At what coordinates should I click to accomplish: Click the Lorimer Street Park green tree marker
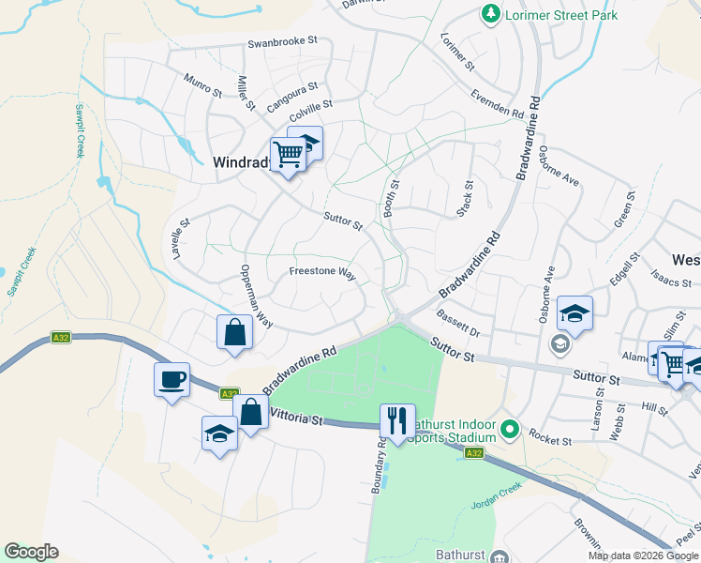tap(489, 14)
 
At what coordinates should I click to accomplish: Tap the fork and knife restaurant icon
tap(398, 420)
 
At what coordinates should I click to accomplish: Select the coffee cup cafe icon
tap(172, 379)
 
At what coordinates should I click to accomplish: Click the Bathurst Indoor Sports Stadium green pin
tap(510, 432)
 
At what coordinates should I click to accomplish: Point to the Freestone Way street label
tap(322, 274)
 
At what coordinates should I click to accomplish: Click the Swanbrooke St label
tap(283, 42)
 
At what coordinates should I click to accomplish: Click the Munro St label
tap(202, 85)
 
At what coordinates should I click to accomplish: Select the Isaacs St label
tap(670, 279)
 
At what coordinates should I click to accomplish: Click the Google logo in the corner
tap(31, 552)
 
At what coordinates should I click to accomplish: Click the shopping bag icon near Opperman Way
tap(233, 332)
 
